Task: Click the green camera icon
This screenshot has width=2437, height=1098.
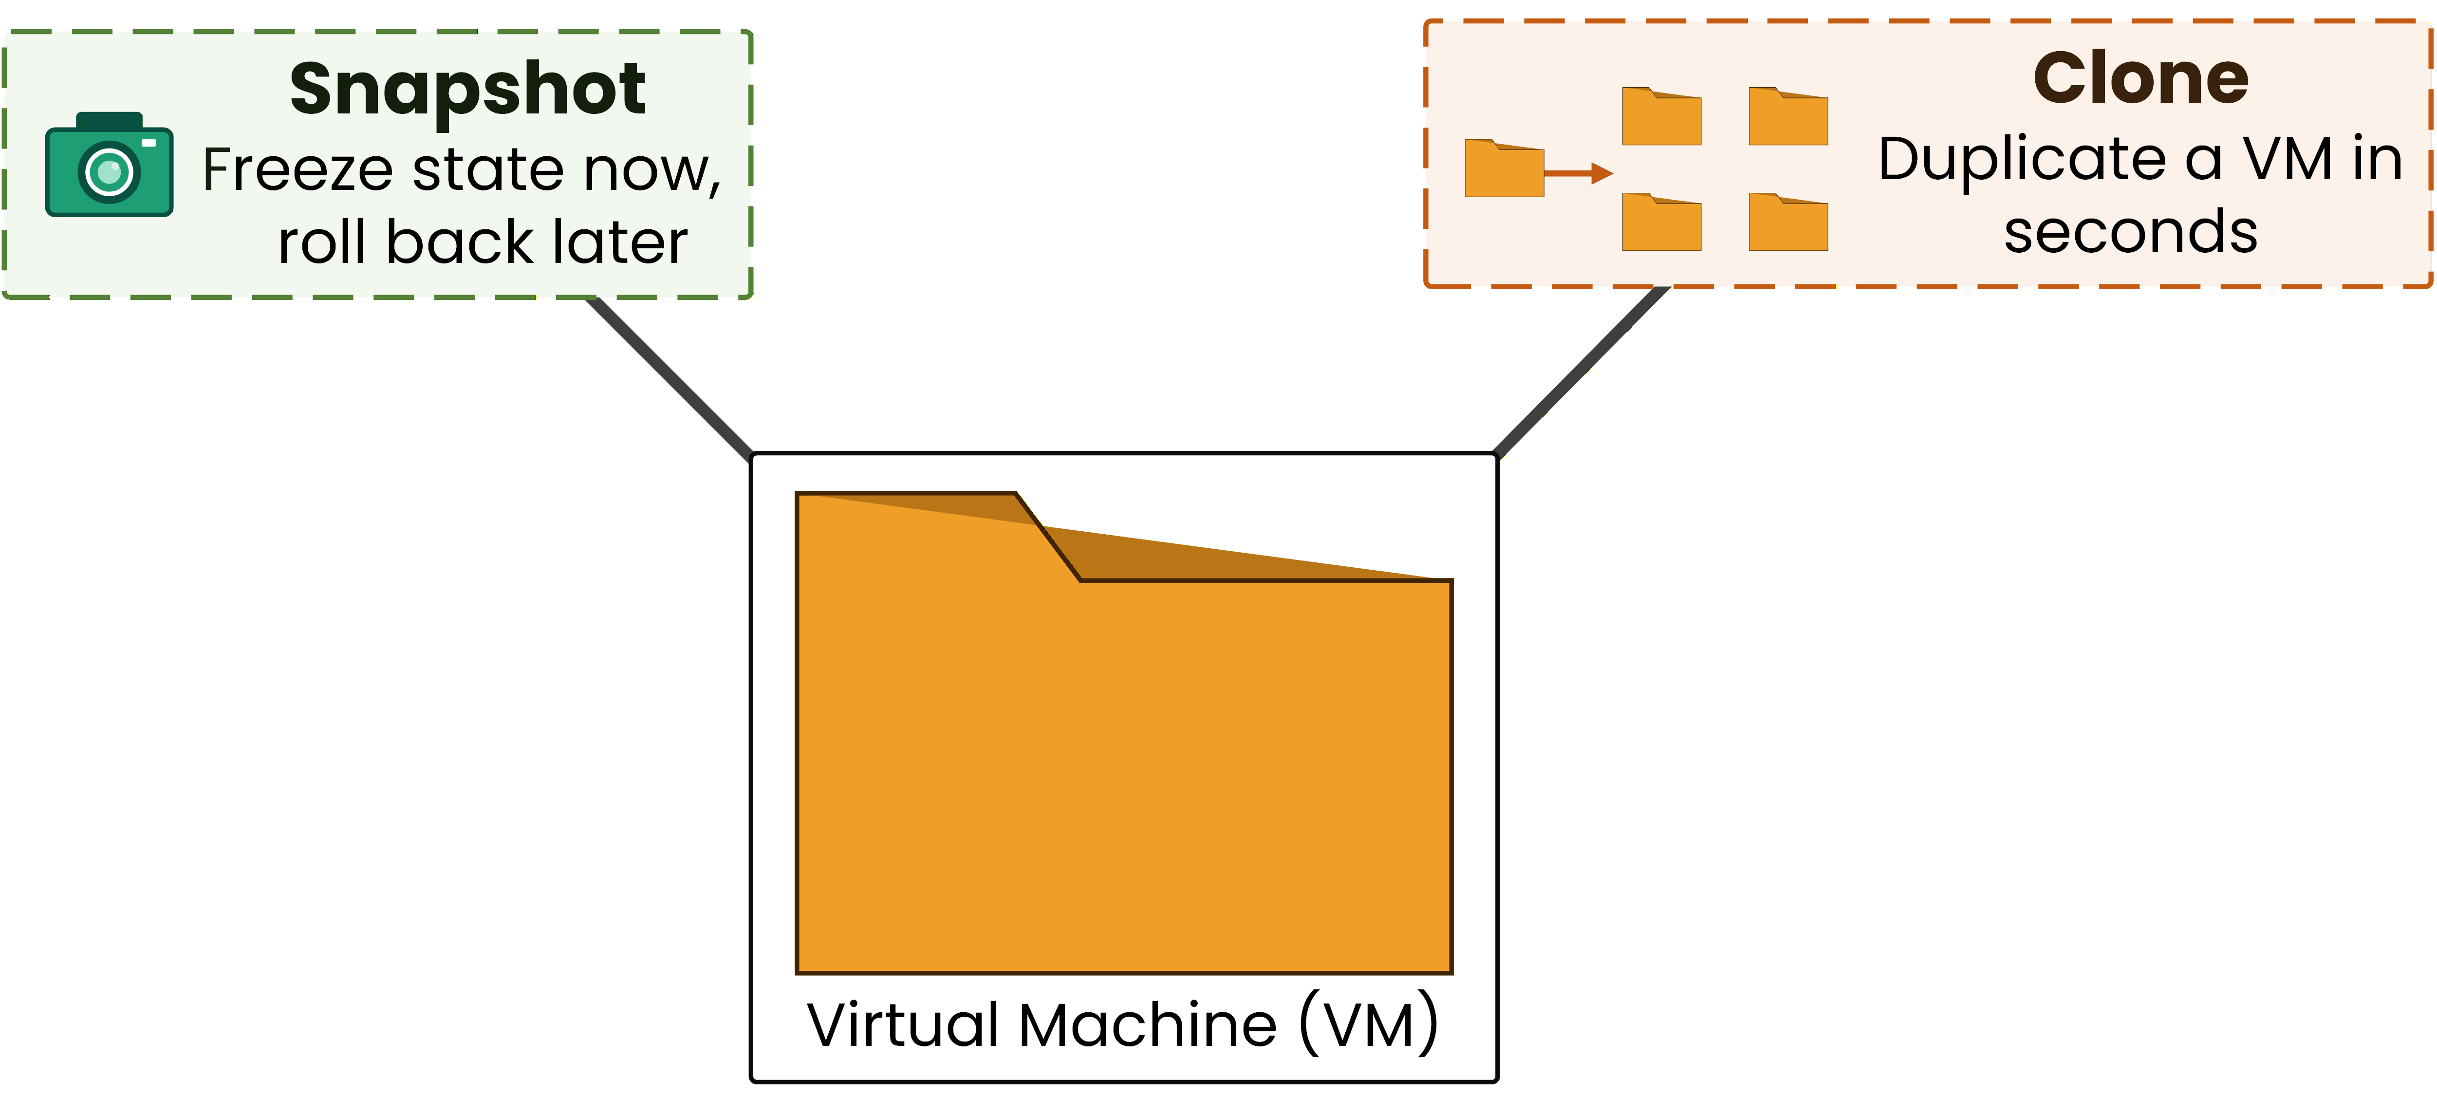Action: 109,166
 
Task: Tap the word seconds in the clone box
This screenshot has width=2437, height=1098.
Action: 2130,233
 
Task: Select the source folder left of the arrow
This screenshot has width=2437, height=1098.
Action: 1504,170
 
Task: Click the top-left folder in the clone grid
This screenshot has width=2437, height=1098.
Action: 1661,118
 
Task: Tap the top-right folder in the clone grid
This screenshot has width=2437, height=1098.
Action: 1788,118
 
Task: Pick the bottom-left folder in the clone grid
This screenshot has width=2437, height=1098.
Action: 1661,224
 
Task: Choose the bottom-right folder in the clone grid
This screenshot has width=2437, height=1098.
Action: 1788,224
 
